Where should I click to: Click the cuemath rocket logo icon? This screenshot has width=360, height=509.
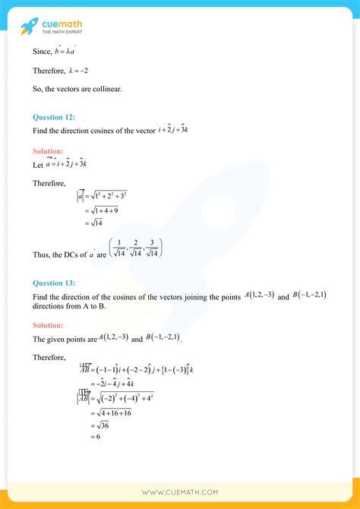tap(29, 27)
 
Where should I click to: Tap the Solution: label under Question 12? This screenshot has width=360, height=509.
tap(48, 151)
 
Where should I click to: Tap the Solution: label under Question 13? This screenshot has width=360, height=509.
tap(48, 325)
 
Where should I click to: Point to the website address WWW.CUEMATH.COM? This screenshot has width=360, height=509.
tap(179, 492)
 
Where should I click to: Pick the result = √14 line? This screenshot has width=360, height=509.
tap(93, 223)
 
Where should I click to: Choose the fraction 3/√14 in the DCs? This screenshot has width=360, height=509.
tap(152, 248)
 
